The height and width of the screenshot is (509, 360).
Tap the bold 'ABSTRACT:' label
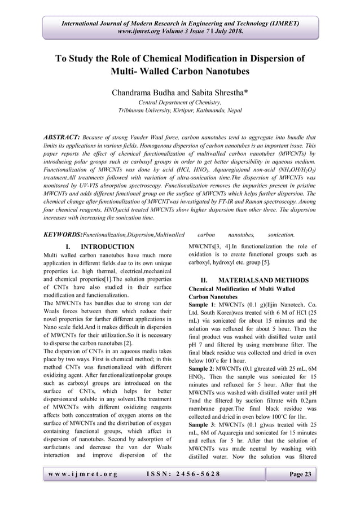click(x=62, y=138)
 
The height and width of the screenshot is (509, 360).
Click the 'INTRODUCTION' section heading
click(x=108, y=247)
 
